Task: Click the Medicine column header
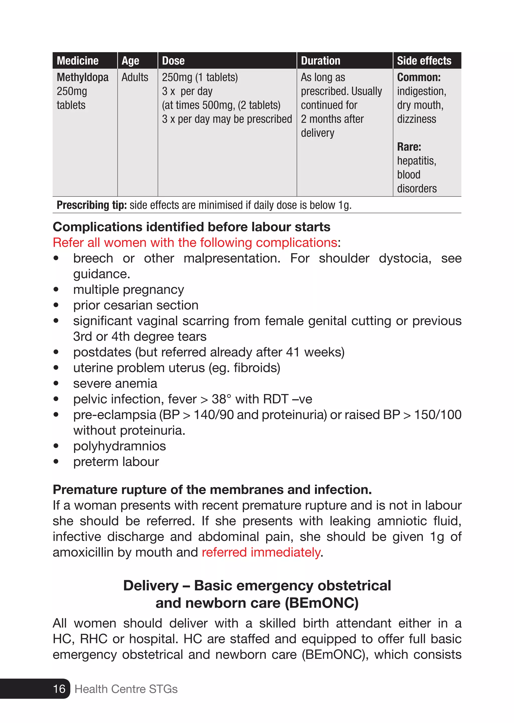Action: tap(78, 61)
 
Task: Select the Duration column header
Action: tap(320, 61)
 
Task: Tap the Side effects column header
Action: tap(424, 61)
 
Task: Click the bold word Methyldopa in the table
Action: tap(82, 77)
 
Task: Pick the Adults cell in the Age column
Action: tap(135, 77)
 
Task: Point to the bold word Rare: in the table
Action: tap(409, 147)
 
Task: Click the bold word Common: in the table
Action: tap(418, 77)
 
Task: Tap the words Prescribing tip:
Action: tap(91, 205)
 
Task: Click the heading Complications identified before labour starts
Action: tap(191, 227)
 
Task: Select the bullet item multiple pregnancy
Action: tap(128, 290)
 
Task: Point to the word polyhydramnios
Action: tap(119, 446)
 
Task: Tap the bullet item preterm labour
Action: tap(116, 462)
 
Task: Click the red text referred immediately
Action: tap(261, 552)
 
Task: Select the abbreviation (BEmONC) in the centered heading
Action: tap(322, 603)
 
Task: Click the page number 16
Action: tap(59, 689)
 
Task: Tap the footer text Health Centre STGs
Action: tap(126, 689)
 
